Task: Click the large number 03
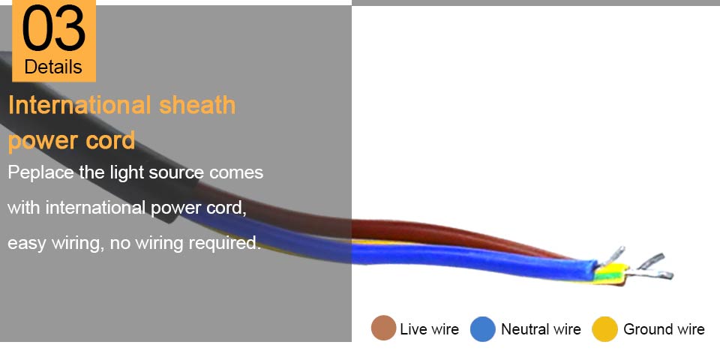(x=54, y=28)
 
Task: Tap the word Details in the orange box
(x=53, y=67)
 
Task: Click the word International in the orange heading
(x=80, y=105)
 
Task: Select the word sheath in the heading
(x=197, y=105)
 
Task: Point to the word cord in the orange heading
(x=110, y=140)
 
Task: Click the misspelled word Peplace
(x=40, y=173)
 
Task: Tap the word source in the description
(x=176, y=173)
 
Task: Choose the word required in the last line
(x=226, y=243)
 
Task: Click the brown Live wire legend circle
(x=383, y=328)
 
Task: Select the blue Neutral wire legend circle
(x=483, y=328)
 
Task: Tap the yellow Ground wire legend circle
(x=604, y=328)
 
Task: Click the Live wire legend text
(x=429, y=329)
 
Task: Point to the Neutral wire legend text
(x=541, y=329)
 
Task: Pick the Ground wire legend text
(x=664, y=329)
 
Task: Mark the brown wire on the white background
(x=459, y=236)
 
